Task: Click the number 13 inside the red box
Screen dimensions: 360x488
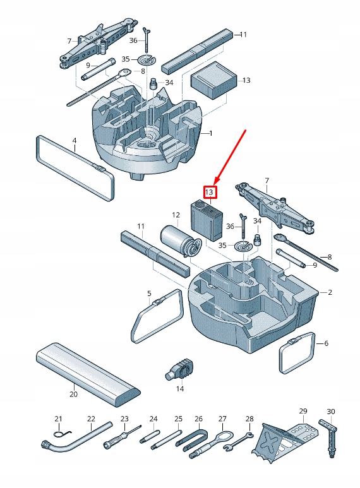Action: coord(210,192)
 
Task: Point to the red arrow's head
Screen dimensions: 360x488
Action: coord(215,182)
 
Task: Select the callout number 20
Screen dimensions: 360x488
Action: coord(73,394)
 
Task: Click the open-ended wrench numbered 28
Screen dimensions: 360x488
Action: coord(238,441)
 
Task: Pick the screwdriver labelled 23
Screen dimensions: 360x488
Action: coord(122,437)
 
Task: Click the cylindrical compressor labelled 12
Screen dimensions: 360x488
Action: coord(180,242)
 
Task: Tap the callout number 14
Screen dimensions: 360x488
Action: coord(180,389)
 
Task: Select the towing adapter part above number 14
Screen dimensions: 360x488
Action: coord(179,369)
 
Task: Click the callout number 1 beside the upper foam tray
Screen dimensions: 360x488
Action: coord(211,133)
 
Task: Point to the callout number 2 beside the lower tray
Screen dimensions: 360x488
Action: coord(330,292)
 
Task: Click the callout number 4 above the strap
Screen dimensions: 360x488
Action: coord(75,141)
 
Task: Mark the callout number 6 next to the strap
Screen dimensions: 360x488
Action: coord(327,343)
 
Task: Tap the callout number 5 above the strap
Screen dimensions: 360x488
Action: coord(149,294)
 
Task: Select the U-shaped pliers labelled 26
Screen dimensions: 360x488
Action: coord(191,437)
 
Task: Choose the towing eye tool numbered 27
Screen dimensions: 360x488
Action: coord(211,445)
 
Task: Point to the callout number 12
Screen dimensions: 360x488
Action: coord(176,215)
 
